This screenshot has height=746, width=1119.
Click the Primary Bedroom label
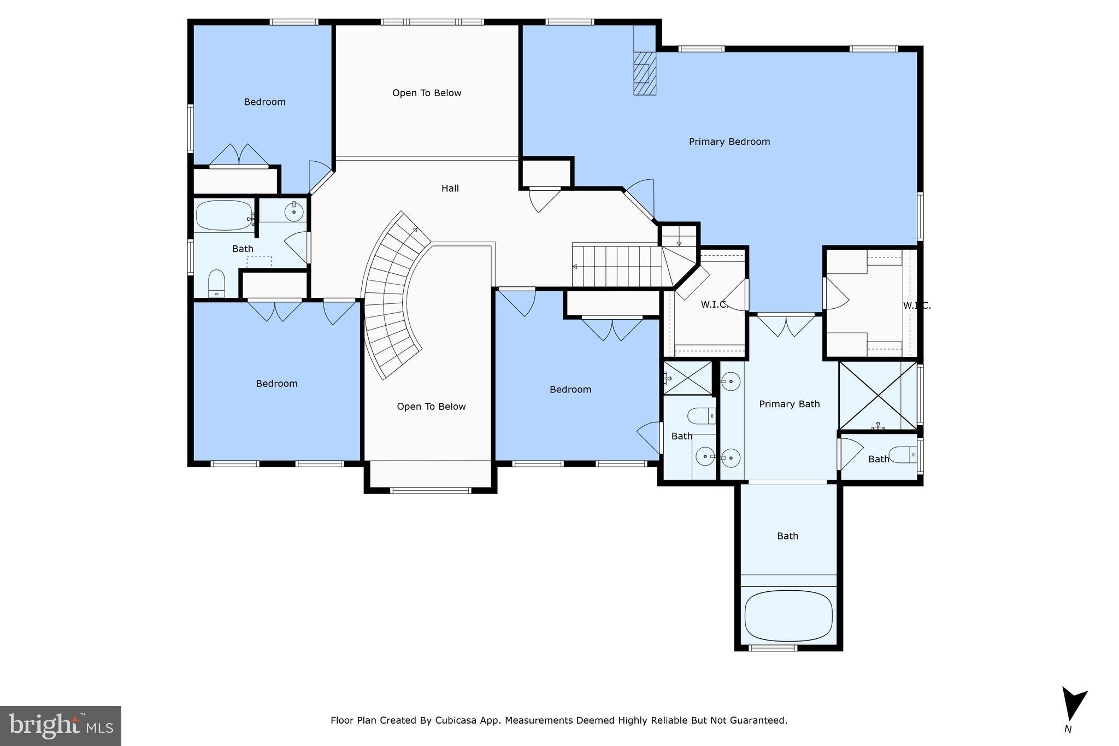[x=729, y=142]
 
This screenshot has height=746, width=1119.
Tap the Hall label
[x=450, y=189]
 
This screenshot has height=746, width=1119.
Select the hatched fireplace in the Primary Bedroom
[x=644, y=73]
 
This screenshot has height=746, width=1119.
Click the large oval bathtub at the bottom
[x=788, y=615]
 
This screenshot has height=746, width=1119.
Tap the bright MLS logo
[x=60, y=726]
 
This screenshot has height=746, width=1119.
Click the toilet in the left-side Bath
[x=216, y=283]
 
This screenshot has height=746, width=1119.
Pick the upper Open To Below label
[x=427, y=93]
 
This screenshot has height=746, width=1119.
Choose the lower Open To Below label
[x=431, y=407]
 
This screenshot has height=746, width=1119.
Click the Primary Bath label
[x=789, y=404]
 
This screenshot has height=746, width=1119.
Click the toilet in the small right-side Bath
[x=903, y=454]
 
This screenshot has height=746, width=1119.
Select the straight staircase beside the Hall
[x=616, y=266]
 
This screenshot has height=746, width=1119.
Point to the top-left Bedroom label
[x=264, y=102]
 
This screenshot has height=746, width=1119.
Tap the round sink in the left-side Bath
[x=294, y=212]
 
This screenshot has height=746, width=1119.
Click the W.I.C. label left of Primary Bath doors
[x=714, y=305]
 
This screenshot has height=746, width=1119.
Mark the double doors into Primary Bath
[x=786, y=325]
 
